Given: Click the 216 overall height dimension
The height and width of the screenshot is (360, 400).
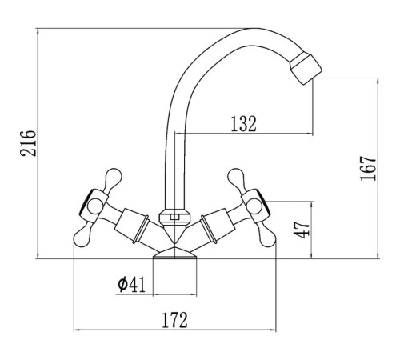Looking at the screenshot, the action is pyautogui.click(x=28, y=143).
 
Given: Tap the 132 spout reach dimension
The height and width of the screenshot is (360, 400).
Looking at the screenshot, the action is pyautogui.click(x=243, y=124).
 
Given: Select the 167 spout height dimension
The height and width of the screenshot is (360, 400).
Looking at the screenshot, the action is pyautogui.click(x=368, y=169).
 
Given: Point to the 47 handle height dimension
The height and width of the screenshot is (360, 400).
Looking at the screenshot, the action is pyautogui.click(x=302, y=230).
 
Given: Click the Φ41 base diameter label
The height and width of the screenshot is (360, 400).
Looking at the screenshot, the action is pyautogui.click(x=132, y=285).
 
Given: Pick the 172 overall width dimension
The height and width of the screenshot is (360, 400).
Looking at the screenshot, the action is pyautogui.click(x=174, y=320).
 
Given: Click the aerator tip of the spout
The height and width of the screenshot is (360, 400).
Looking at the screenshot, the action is pyautogui.click(x=306, y=69).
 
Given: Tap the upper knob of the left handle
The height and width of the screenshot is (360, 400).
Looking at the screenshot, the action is pyautogui.click(x=113, y=178).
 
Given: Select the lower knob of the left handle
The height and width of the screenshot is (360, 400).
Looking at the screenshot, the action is pyautogui.click(x=82, y=238).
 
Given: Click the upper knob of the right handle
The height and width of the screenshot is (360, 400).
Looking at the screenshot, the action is pyautogui.click(x=237, y=178).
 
